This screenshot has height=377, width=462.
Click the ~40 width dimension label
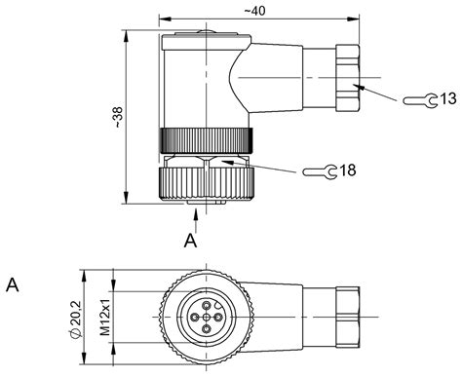click(254, 11)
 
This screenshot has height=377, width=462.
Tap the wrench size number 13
click(448, 98)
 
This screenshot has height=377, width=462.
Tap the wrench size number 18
click(348, 170)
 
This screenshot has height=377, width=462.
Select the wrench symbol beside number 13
click(420, 100)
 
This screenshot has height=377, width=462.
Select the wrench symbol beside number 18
click(320, 171)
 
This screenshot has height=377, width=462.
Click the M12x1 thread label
click(105, 317)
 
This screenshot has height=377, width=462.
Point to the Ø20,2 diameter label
click(75, 320)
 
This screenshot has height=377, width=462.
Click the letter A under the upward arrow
click(190, 241)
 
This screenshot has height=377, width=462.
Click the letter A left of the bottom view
click(13, 285)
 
